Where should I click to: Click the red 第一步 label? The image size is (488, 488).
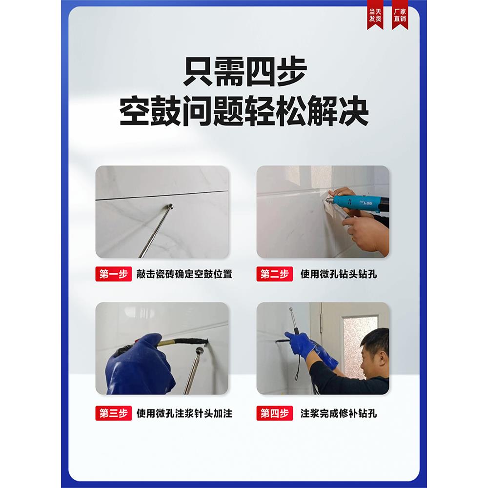tap(113, 274)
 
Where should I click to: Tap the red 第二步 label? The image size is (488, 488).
tap(275, 274)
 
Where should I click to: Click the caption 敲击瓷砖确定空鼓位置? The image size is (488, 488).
tap(184, 274)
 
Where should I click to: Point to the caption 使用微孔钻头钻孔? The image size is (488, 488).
tap(339, 274)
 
